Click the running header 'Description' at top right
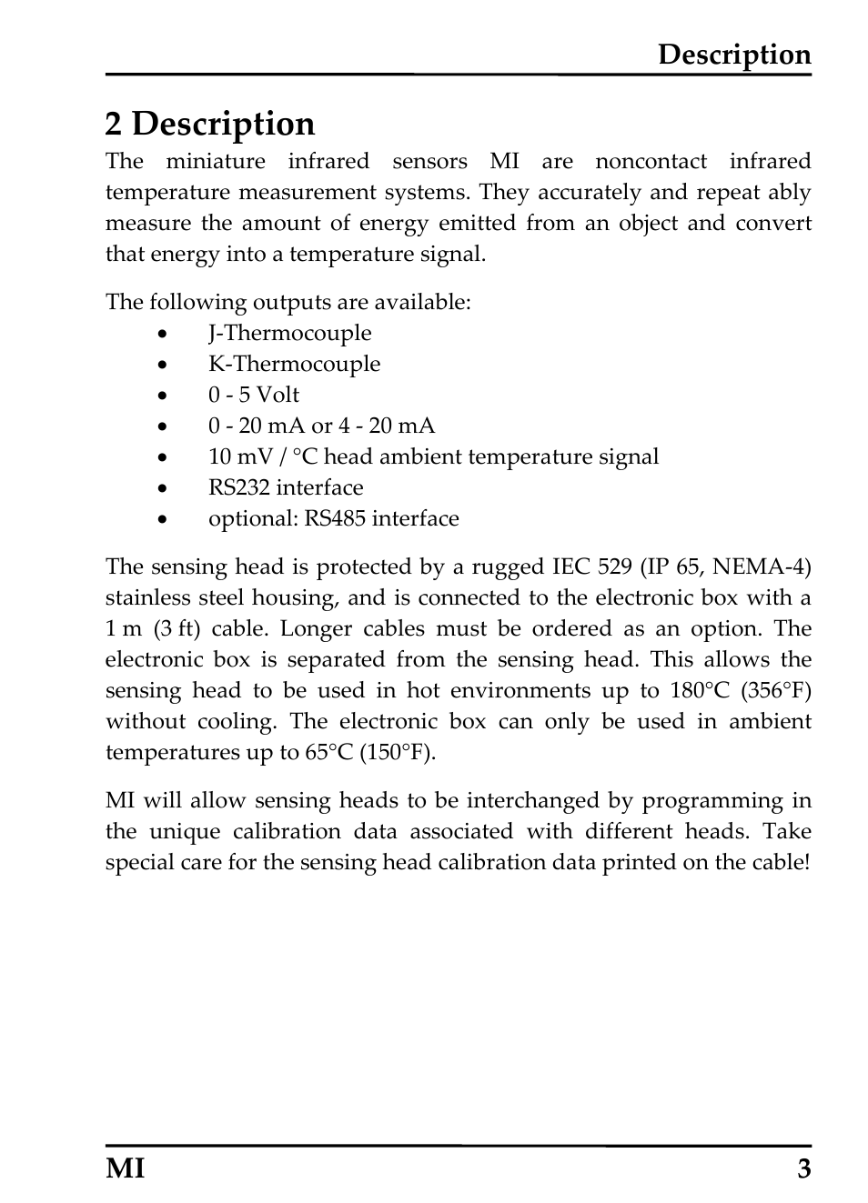pyautogui.click(x=733, y=55)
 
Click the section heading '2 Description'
pyautogui.click(x=209, y=124)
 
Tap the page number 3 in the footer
pyautogui.click(x=803, y=1168)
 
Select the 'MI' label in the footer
pyautogui.click(x=125, y=1168)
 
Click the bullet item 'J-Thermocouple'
pyautogui.click(x=289, y=333)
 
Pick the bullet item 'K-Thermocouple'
pyautogui.click(x=294, y=364)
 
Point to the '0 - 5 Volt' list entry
pyautogui.click(x=253, y=395)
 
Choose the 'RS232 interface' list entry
pyautogui.click(x=286, y=487)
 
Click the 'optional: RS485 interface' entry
pyautogui.click(x=333, y=518)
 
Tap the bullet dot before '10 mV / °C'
pyautogui.click(x=162, y=457)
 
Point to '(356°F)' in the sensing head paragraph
pyautogui.click(x=775, y=690)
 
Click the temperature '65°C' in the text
pyautogui.click(x=328, y=752)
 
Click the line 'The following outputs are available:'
pyautogui.click(x=288, y=302)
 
